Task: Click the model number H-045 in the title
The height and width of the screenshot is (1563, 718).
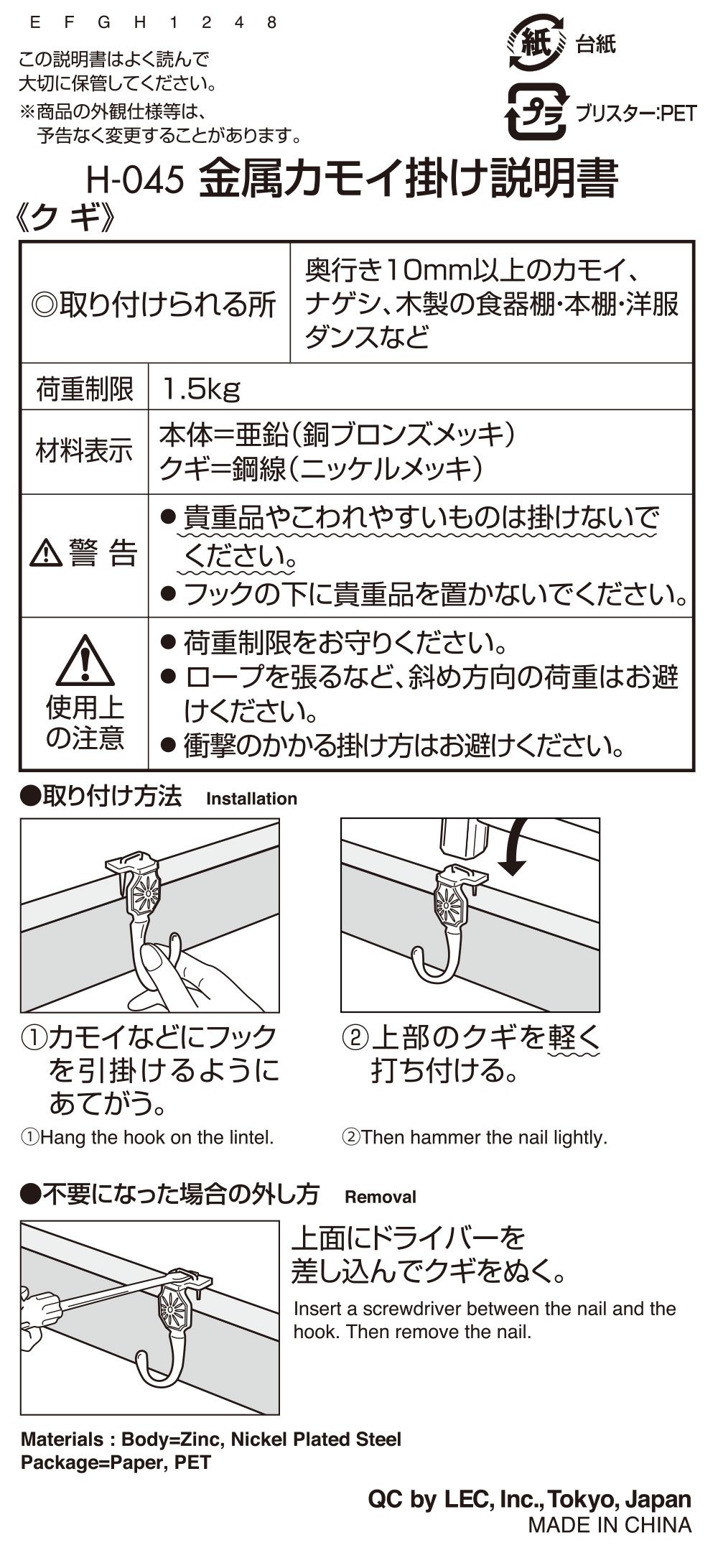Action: pyautogui.click(x=134, y=180)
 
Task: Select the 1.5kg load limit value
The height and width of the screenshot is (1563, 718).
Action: pyautogui.click(x=201, y=389)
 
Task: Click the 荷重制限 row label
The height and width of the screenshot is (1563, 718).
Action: pyautogui.click(x=85, y=389)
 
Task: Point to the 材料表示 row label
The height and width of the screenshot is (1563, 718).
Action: pyautogui.click(x=85, y=452)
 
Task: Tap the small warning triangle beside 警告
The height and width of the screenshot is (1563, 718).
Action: pyautogui.click(x=45, y=553)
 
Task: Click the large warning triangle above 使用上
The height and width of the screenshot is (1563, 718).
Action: pyautogui.click(x=85, y=661)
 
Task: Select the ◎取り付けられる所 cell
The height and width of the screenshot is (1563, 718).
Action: pyautogui.click(x=154, y=305)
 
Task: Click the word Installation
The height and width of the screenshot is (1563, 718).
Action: pyautogui.click(x=251, y=799)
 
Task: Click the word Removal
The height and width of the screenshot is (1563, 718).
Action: pyautogui.click(x=381, y=1197)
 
